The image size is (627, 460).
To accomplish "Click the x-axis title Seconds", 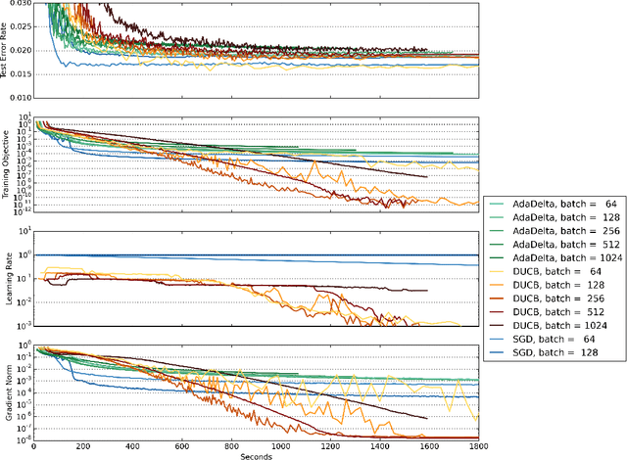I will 257,454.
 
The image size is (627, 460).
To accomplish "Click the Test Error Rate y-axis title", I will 7,49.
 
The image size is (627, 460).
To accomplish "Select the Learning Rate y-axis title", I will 7,277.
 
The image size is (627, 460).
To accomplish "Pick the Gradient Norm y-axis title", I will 7,391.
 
